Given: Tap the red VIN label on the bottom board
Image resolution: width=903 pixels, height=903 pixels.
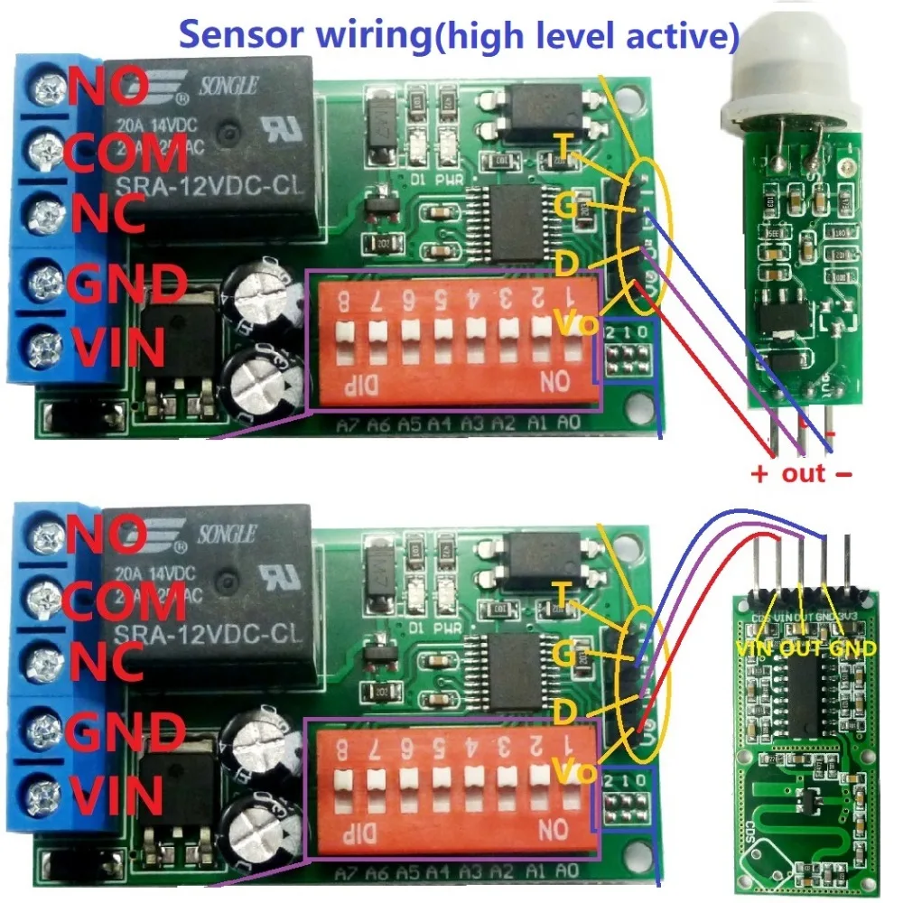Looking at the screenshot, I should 117,796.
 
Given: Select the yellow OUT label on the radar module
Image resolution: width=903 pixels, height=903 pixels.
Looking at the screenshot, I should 800,647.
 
